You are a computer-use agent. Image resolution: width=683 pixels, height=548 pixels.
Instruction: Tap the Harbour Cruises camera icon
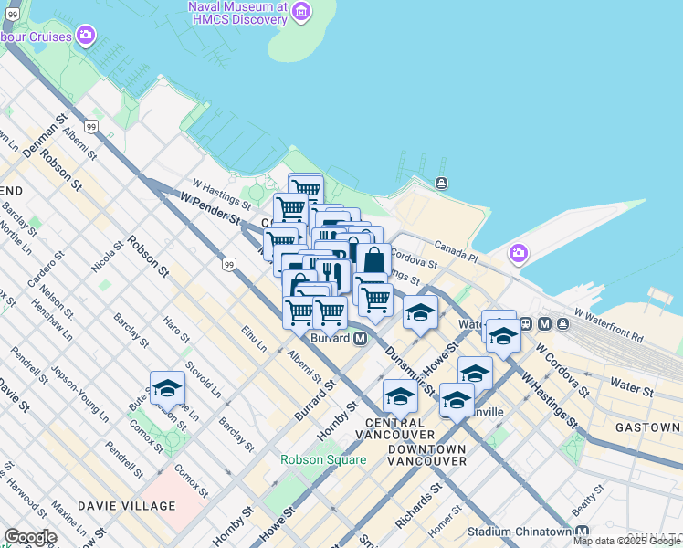point(86,37)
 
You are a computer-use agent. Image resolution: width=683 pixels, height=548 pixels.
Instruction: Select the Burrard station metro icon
point(360,338)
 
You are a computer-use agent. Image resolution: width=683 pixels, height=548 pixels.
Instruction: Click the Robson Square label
point(323,459)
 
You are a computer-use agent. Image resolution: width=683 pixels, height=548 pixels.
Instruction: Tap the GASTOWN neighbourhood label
point(647,427)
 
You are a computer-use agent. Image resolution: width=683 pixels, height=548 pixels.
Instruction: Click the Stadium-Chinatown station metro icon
point(582,532)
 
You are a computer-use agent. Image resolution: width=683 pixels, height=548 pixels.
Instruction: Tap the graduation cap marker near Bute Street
point(167,390)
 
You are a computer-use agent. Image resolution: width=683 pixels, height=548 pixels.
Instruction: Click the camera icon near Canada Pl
point(519,252)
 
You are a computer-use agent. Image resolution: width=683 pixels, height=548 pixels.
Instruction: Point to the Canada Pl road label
point(457,251)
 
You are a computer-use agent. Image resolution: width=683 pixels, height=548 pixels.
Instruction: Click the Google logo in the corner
point(30,537)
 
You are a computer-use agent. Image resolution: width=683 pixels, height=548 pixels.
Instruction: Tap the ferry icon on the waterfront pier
point(442,184)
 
